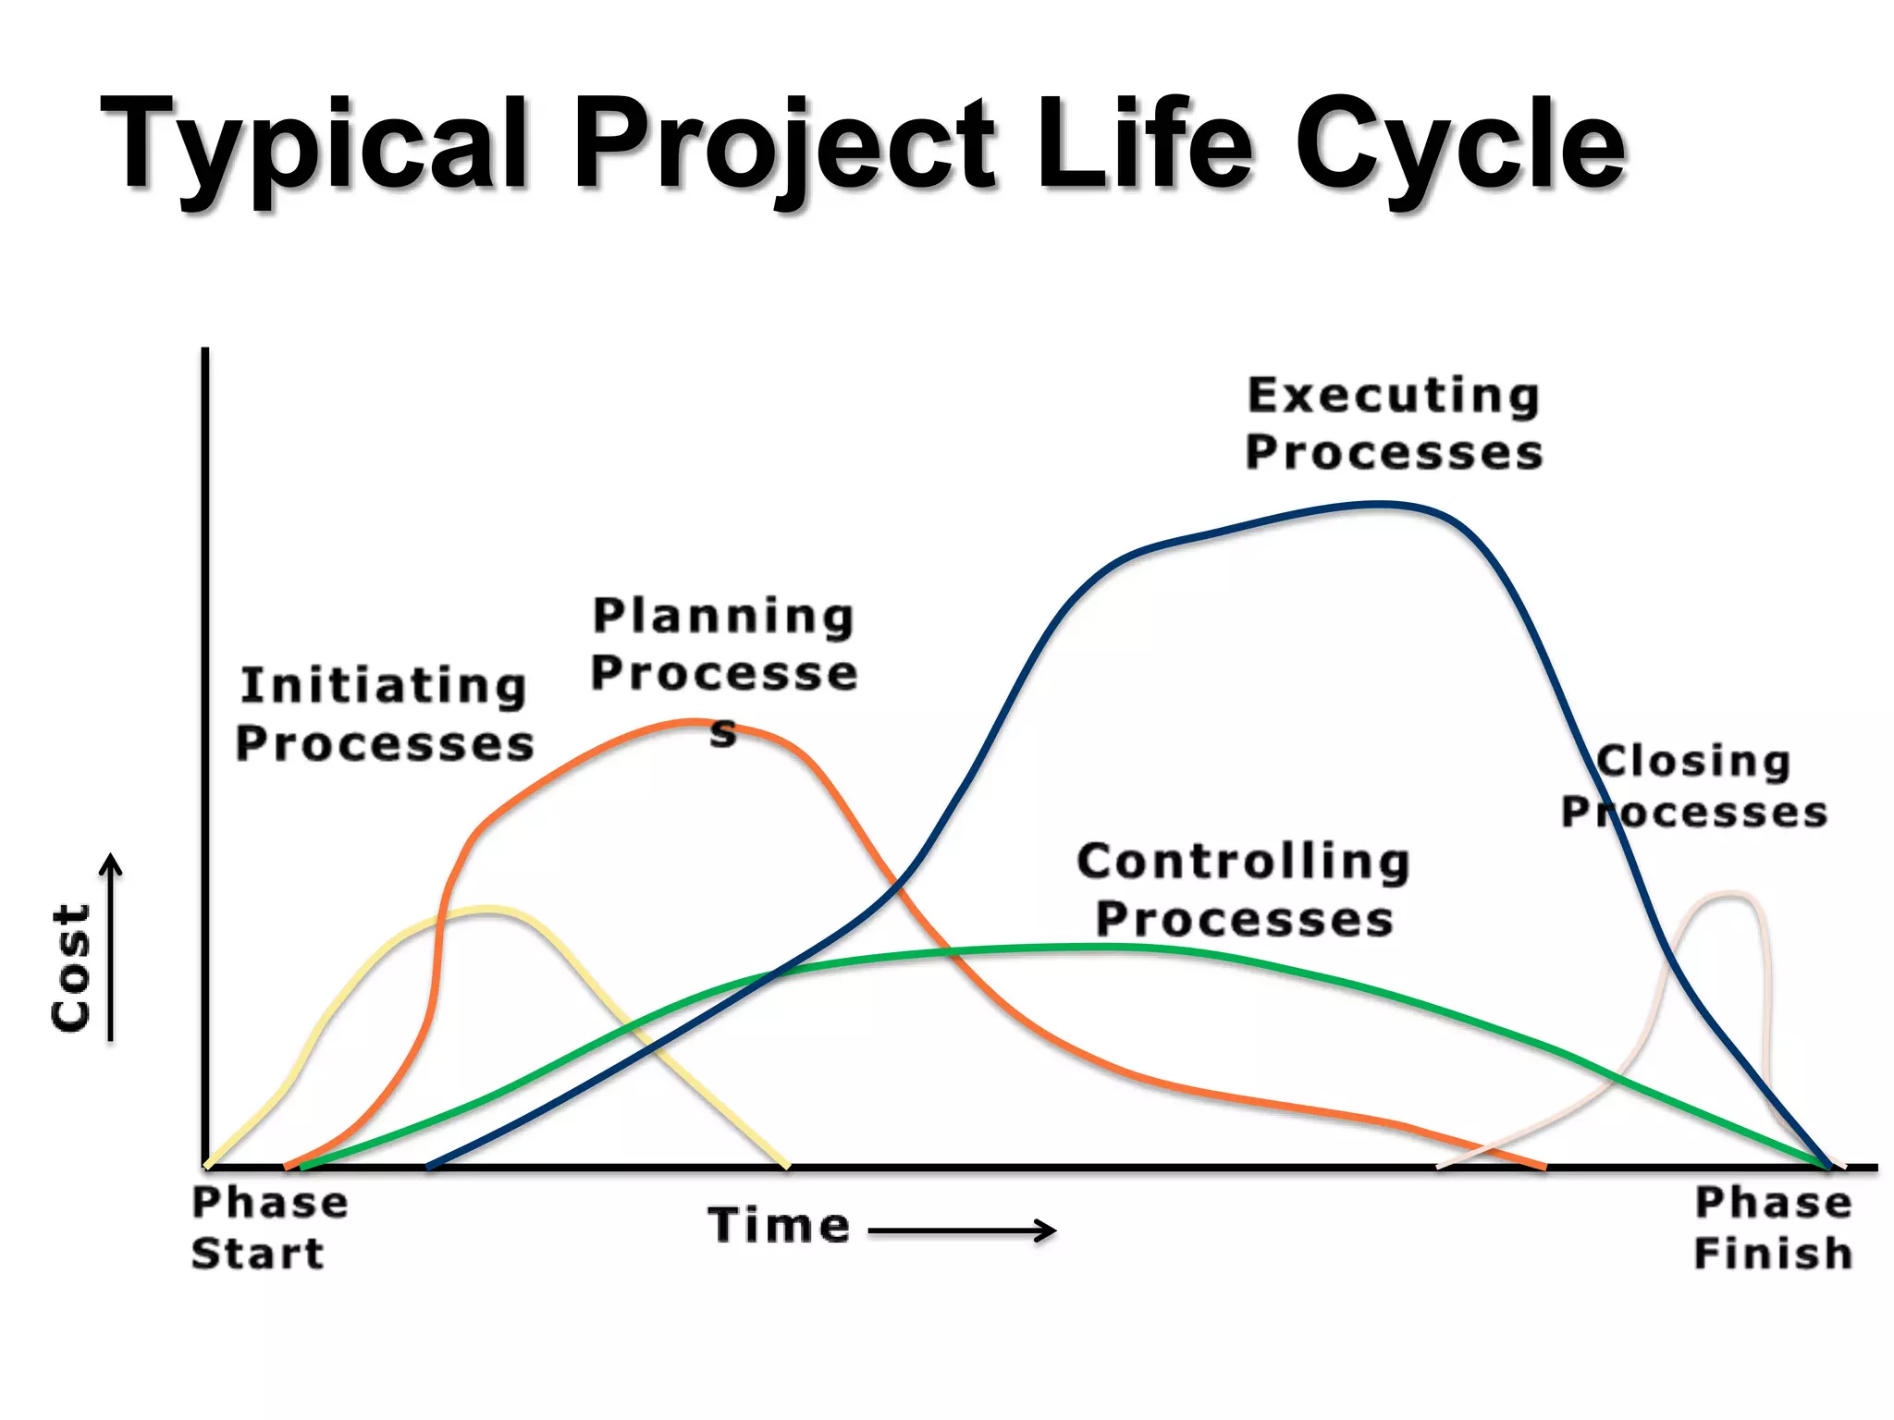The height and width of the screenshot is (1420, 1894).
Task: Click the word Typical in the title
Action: pyautogui.click(x=314, y=148)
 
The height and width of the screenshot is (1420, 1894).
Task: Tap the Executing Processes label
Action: pyautogui.click(x=1394, y=424)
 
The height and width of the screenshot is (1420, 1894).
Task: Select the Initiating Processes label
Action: pyautogui.click(x=384, y=715)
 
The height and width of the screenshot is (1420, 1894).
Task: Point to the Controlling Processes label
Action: pyautogui.click(x=1244, y=889)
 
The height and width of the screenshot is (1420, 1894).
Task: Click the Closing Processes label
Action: pyautogui.click(x=1694, y=787)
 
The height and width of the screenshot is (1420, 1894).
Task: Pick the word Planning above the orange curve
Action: pyautogui.click(x=723, y=617)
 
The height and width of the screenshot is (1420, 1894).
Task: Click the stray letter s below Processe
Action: pyautogui.click(x=723, y=735)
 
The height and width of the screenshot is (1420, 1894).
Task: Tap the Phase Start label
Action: pyautogui.click(x=268, y=1228)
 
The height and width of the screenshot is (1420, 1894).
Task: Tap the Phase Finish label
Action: pyautogui.click(x=1773, y=1228)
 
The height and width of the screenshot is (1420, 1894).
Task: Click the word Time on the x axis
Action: pyautogui.click(x=779, y=1225)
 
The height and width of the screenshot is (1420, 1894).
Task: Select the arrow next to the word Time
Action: pyautogui.click(x=962, y=1230)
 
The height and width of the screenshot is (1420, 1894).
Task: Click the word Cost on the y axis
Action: pyautogui.click(x=70, y=966)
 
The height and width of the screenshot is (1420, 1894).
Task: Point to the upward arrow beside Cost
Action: pyautogui.click(x=111, y=948)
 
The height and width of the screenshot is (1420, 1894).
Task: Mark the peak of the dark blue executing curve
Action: pyautogui.click(x=1378, y=505)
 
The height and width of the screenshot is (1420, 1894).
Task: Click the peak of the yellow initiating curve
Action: pyautogui.click(x=488, y=910)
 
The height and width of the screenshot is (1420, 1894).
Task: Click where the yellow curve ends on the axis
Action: pyautogui.click(x=786, y=1166)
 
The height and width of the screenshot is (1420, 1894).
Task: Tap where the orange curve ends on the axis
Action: pyautogui.click(x=1543, y=1166)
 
